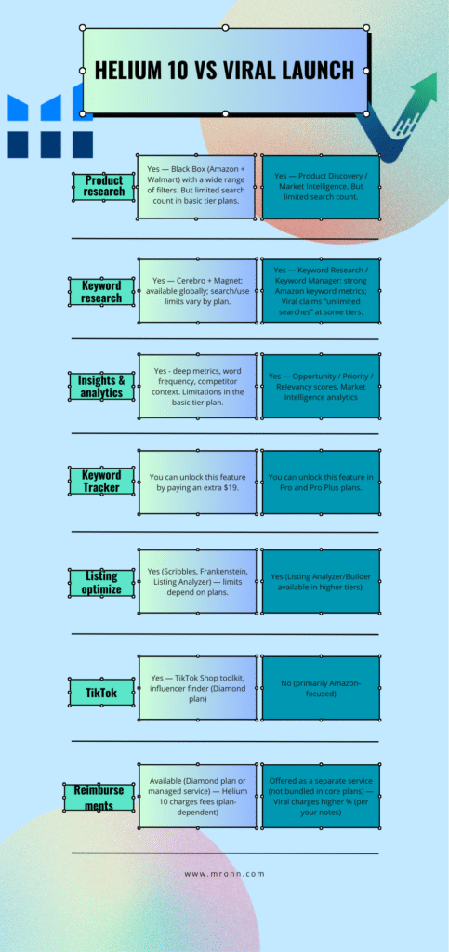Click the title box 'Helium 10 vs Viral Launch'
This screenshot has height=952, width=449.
coord(225,71)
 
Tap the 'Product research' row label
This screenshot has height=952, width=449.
coord(104,186)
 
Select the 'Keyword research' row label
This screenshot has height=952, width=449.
coord(102,291)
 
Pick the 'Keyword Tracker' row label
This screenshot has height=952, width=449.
coord(100,481)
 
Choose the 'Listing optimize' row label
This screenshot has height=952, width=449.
coord(100,582)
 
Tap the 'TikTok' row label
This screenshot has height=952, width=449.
coord(101,692)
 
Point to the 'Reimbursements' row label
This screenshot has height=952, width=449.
coord(99,797)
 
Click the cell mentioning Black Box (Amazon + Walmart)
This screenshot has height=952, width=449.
coord(197,187)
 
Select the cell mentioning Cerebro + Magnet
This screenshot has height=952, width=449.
coord(197,291)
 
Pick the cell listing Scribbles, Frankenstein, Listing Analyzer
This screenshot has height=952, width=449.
coord(197,582)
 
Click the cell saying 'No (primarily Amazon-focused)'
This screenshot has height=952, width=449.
coord(321,688)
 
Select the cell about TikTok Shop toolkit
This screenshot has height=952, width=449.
coord(197,688)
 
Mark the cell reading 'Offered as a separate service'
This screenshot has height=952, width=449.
coord(321,796)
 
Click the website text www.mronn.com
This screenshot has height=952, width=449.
coord(225,874)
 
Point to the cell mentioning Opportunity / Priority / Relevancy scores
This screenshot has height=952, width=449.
coord(321,386)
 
